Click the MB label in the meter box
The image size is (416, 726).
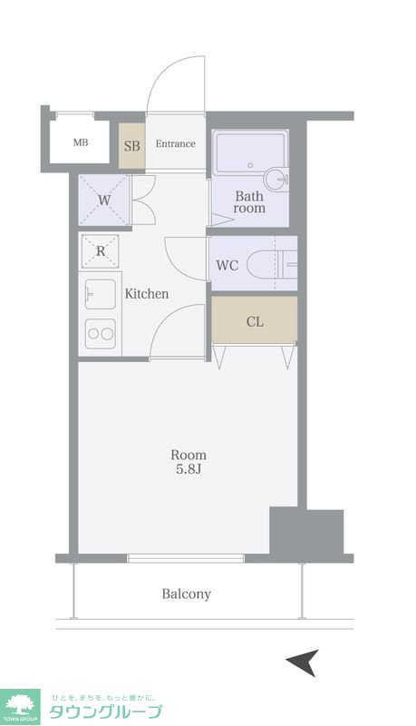[x=81, y=142]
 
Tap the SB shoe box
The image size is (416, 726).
[x=132, y=146]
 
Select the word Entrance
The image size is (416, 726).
[x=175, y=143]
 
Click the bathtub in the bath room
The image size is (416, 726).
[x=250, y=152]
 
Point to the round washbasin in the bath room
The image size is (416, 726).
[x=276, y=179]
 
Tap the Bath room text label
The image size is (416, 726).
[x=249, y=201]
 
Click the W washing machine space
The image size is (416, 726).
[x=104, y=200]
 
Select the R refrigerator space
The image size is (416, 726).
[x=101, y=251]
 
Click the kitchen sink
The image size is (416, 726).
[x=101, y=294]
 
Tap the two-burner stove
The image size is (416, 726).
[x=101, y=334]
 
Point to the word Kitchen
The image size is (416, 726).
[x=147, y=293]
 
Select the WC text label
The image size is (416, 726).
[x=227, y=265]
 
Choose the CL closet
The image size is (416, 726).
[x=255, y=320]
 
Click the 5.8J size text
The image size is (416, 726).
[x=189, y=469]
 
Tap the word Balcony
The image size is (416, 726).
[x=187, y=594]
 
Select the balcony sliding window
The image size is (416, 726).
[x=186, y=558]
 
